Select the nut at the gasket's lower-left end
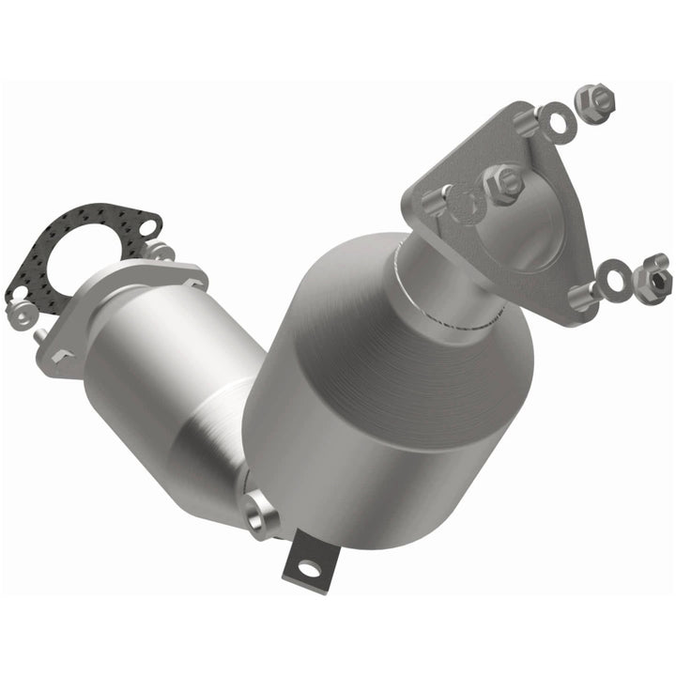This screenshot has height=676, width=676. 18,309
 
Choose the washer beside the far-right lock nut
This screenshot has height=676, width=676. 616,281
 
